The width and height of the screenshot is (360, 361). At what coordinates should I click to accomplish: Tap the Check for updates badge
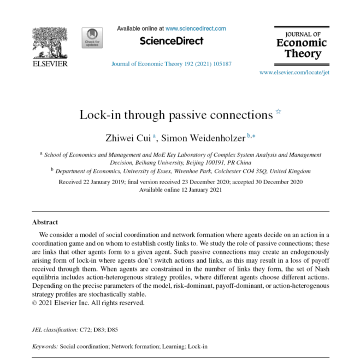pos(92,38)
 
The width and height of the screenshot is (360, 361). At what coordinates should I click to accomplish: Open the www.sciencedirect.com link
pos(196,28)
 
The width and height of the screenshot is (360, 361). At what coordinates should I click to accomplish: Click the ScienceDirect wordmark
pos(171,41)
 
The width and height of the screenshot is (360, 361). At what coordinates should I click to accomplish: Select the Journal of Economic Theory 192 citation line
pos(171,64)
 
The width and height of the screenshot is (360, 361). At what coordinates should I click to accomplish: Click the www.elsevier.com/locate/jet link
pos(294,72)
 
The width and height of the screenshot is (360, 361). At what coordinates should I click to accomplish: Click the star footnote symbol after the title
pos(278,112)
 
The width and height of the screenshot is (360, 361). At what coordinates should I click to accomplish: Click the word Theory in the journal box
pos(299,54)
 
